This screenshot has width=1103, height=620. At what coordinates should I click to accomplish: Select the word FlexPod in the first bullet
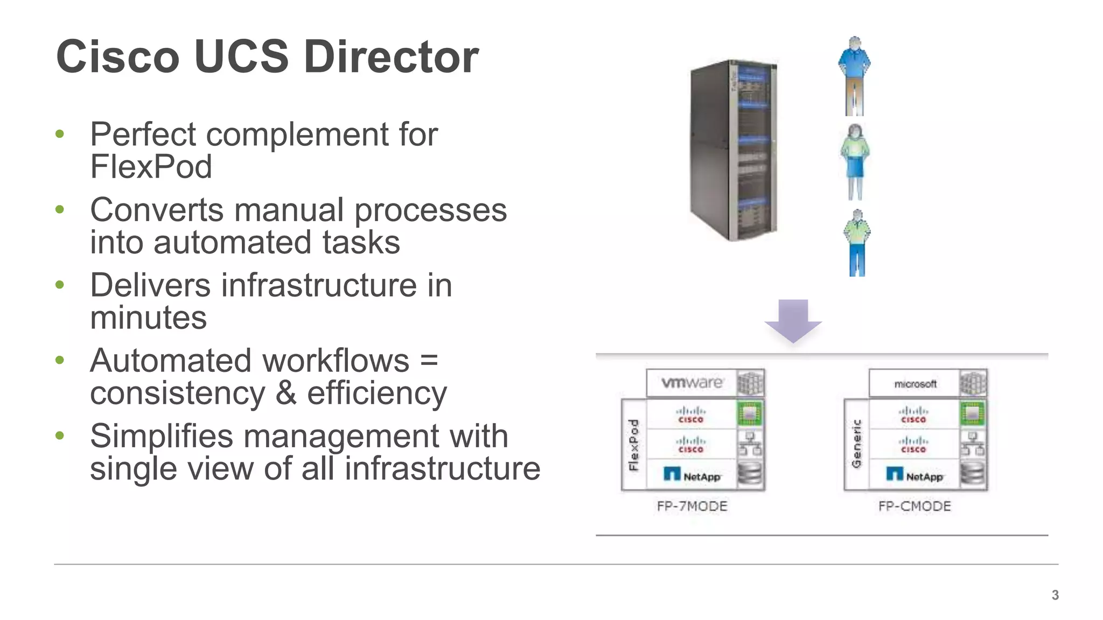(151, 166)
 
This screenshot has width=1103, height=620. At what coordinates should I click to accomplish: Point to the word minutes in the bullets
(148, 318)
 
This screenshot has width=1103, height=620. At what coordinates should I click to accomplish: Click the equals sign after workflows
(429, 360)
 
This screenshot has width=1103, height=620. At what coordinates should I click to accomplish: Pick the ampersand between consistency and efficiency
(285, 393)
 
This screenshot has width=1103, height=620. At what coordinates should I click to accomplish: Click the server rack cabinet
(734, 151)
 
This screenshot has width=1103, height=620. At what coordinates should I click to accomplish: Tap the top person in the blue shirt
(854, 75)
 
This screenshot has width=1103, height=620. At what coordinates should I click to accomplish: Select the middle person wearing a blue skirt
(855, 161)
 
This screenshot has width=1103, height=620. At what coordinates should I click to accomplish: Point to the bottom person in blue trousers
(857, 243)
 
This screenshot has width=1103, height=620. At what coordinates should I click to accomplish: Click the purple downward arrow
(793, 321)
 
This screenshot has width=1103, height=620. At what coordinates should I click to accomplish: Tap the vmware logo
(692, 383)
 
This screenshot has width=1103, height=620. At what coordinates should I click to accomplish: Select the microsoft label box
(914, 384)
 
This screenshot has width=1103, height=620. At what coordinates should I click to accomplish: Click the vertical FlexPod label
(634, 445)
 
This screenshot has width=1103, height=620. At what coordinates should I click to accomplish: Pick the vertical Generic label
(856, 445)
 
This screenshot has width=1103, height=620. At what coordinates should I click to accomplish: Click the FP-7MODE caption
(692, 506)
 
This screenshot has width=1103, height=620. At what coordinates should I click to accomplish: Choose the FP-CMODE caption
(914, 506)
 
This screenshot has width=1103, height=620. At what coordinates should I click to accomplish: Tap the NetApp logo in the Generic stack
(914, 475)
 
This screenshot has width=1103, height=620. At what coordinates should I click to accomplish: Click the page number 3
(1055, 595)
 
